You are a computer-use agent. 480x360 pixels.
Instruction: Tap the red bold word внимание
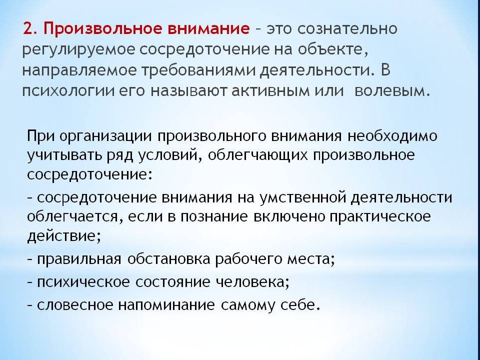point(209,29)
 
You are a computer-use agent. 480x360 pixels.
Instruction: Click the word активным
point(270,92)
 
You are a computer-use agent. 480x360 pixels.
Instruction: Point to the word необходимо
point(393,135)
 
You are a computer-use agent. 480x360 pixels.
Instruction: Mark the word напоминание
point(166,305)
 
